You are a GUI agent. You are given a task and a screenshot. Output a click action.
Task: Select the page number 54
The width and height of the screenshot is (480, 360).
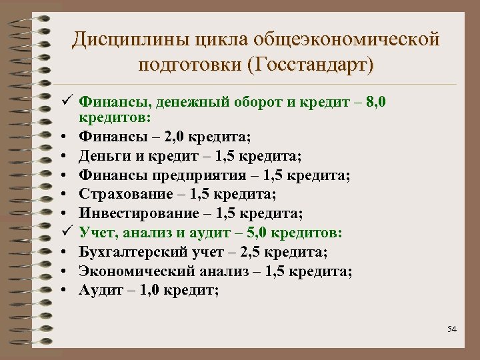(452, 329)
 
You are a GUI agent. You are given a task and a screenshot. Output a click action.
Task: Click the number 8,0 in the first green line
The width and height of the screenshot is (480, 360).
(389, 103)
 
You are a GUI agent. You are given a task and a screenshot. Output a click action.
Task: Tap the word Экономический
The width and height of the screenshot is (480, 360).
(136, 271)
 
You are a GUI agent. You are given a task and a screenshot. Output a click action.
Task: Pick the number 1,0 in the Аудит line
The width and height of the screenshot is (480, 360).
(149, 290)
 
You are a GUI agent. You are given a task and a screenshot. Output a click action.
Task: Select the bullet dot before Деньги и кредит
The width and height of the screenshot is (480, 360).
(66, 156)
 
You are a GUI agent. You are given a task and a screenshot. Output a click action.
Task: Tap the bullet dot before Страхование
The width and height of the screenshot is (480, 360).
(66, 195)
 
